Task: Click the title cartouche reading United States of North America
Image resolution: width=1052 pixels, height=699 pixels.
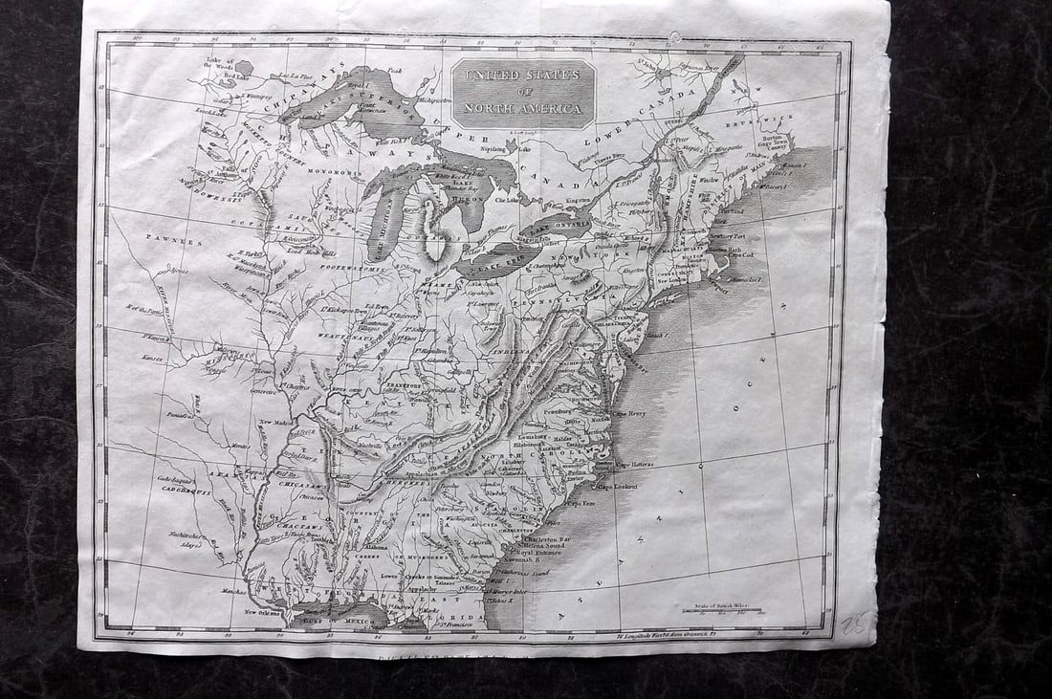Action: click(x=523, y=94)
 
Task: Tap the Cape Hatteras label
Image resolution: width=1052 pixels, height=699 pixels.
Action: click(x=635, y=464)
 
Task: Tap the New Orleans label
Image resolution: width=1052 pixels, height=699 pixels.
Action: click(x=263, y=612)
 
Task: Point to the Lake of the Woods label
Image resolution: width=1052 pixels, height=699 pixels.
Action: click(x=220, y=64)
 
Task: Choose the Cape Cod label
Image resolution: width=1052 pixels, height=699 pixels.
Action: click(x=745, y=255)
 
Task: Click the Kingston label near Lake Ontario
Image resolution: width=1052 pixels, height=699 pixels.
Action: click(x=580, y=201)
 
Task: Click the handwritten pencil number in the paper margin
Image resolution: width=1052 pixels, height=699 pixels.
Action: click(x=855, y=624)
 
